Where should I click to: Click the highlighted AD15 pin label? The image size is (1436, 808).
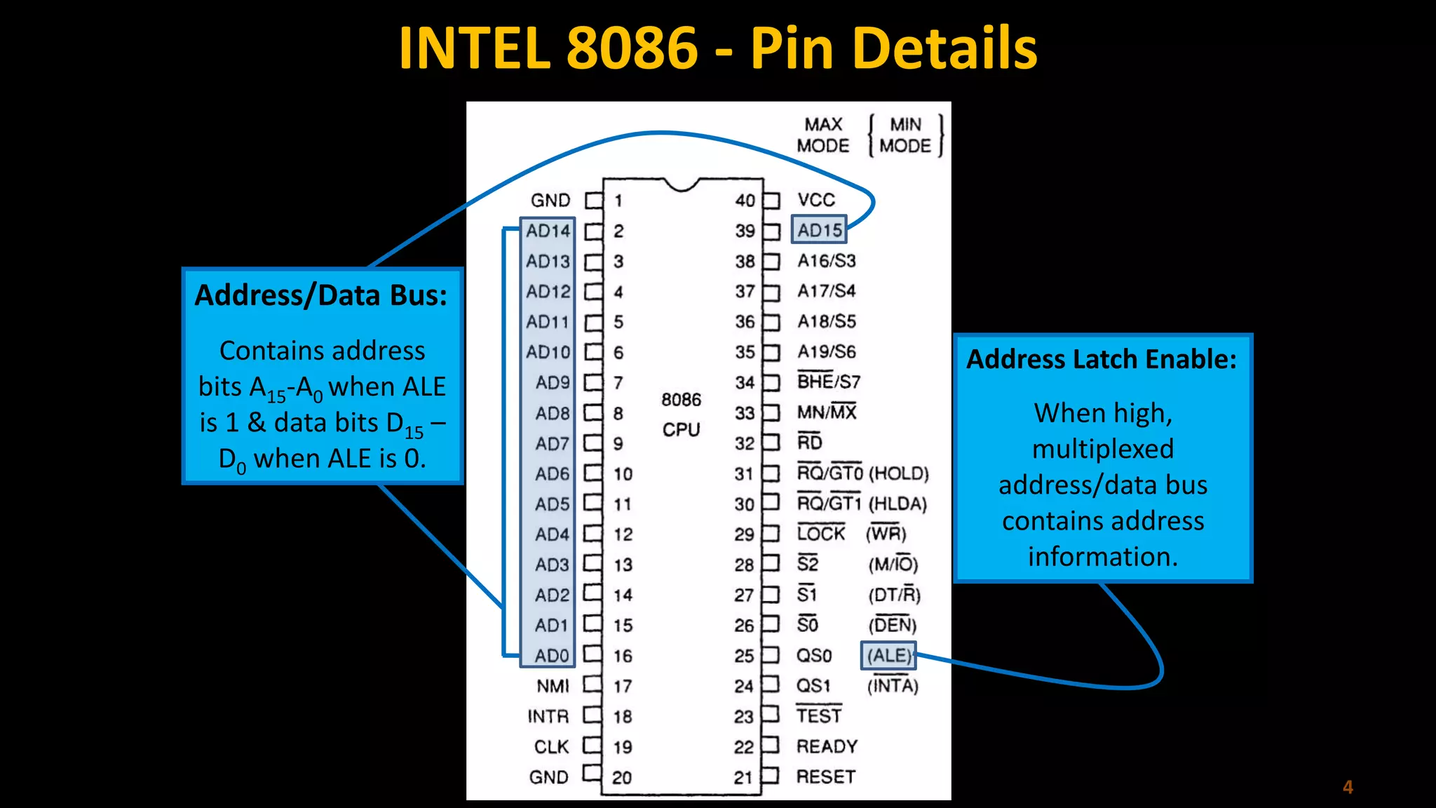819,230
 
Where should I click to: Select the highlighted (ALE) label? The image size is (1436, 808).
888,656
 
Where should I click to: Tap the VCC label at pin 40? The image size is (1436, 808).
816,200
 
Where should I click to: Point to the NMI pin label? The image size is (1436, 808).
553,686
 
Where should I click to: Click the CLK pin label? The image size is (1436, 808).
551,747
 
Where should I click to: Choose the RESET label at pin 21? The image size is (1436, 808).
825,777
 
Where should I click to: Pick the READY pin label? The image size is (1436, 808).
827,746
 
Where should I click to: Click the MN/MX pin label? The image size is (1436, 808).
827,412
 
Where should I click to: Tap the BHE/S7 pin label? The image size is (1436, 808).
828,382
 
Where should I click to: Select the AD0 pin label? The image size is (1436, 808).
551,656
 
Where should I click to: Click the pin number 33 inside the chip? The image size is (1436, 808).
745,413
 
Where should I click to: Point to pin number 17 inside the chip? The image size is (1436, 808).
623,686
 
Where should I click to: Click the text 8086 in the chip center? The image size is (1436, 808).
681,400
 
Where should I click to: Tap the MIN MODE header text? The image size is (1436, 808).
905,135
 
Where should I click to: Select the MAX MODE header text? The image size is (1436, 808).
823,135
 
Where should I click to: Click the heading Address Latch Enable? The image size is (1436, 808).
1102,359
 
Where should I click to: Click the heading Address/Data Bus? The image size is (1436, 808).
321,295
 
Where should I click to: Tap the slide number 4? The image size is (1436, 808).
1347,787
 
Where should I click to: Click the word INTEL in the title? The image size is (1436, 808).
474,48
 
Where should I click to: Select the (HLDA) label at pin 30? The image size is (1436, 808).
897,504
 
